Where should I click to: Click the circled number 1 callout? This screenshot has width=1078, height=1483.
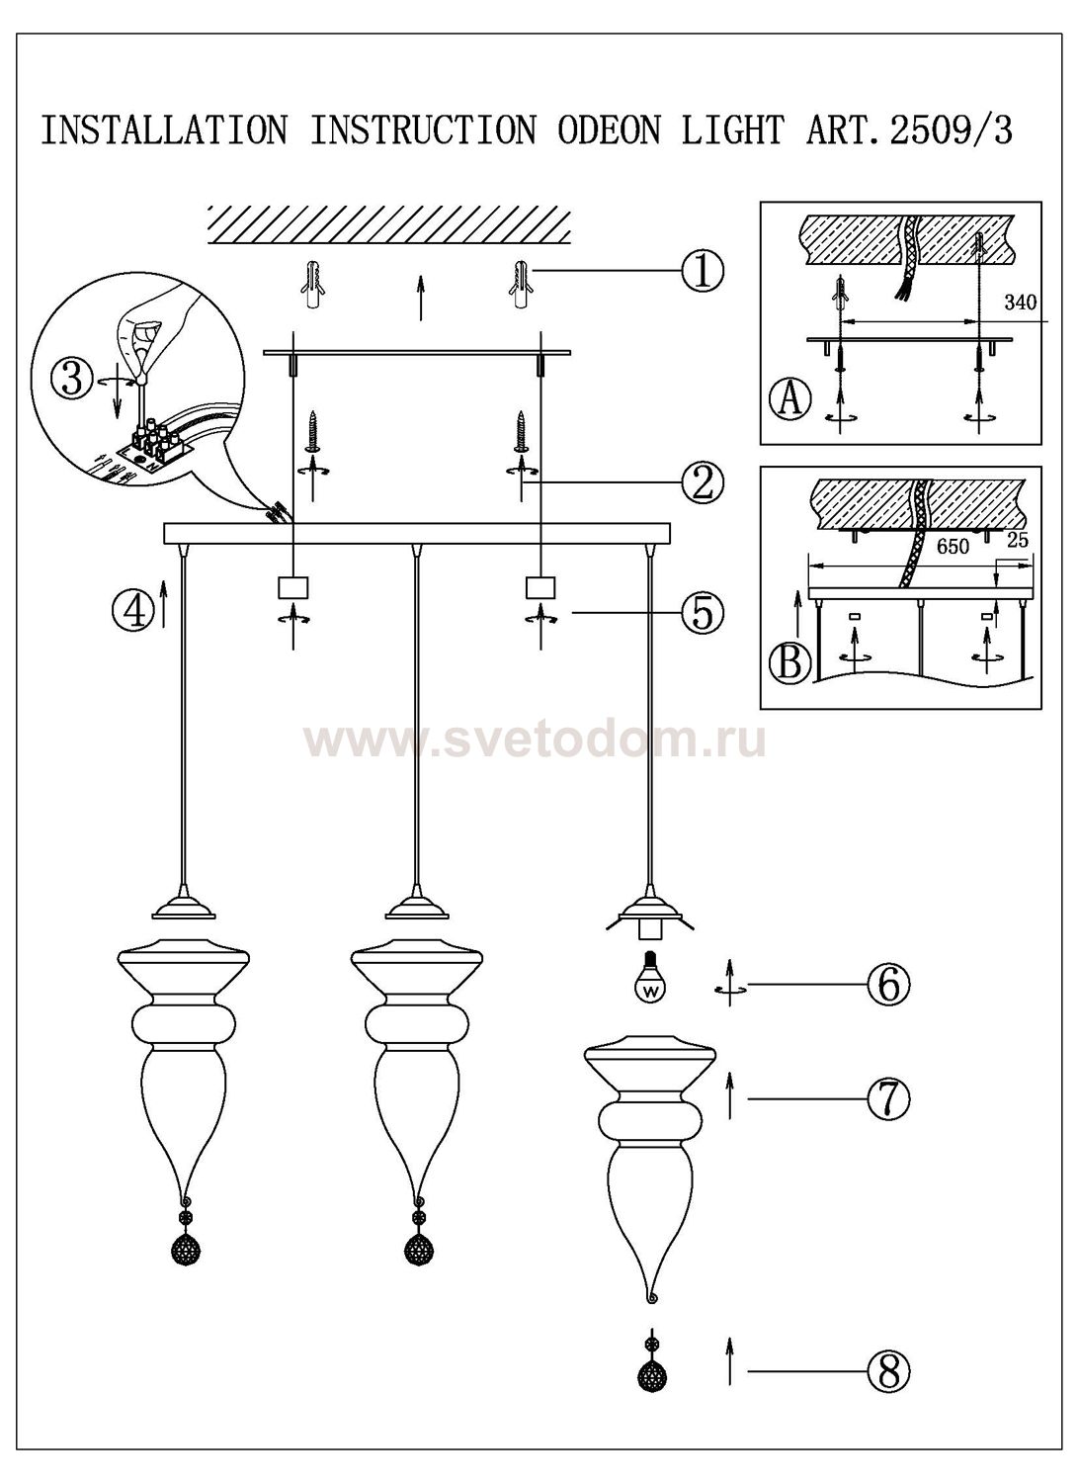[703, 271]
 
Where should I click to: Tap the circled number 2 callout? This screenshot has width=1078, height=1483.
[703, 482]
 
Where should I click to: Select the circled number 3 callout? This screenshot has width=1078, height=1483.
[71, 380]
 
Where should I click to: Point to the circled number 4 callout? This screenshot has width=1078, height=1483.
[132, 610]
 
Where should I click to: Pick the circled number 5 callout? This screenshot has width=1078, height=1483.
[703, 613]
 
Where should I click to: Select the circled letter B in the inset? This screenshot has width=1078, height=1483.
[789, 661]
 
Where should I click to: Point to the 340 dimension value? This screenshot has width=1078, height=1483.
[1020, 303]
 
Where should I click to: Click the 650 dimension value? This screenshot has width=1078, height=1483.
[952, 545]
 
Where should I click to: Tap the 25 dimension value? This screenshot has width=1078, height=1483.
[1018, 541]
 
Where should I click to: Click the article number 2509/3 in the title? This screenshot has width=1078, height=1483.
[951, 131]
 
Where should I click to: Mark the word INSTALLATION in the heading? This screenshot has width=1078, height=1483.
[164, 131]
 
